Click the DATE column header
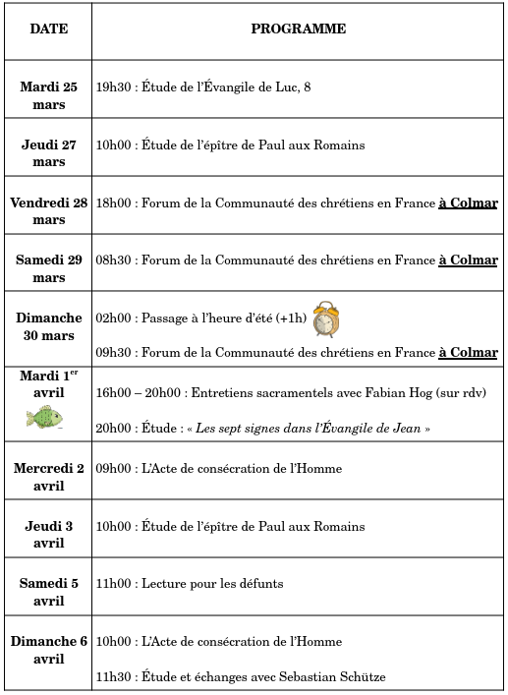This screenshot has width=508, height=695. pyautogui.click(x=48, y=29)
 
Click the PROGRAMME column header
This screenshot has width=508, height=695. pyautogui.click(x=298, y=29)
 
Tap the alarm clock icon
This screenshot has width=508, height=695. pyautogui.click(x=326, y=319)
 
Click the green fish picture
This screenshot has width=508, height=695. pyautogui.click(x=44, y=418)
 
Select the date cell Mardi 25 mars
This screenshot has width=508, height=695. pyautogui.click(x=48, y=95)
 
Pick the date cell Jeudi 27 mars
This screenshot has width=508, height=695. pyautogui.click(x=48, y=153)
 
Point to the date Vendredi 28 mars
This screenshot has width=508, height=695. pyautogui.click(x=48, y=211)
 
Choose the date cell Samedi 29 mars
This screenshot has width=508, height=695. pyautogui.click(x=48, y=268)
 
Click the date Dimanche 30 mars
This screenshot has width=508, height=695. pyautogui.click(x=48, y=327)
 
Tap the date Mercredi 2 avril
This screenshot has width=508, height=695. pyautogui.click(x=48, y=477)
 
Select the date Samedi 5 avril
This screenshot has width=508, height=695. pyautogui.click(x=48, y=592)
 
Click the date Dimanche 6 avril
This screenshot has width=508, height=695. pyautogui.click(x=48, y=650)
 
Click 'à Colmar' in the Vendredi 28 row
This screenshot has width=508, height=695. pyautogui.click(x=468, y=203)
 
